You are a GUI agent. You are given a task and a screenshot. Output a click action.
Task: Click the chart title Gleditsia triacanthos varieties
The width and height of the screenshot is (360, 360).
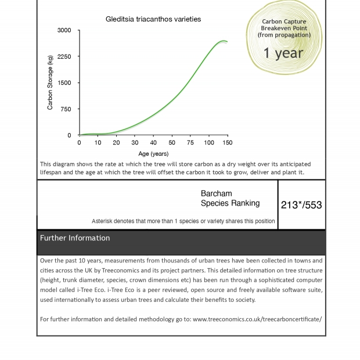[153, 19]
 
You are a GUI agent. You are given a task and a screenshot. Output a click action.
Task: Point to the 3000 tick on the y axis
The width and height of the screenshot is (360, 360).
[64, 30]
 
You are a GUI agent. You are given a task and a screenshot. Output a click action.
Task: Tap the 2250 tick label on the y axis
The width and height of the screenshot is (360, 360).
[64, 56]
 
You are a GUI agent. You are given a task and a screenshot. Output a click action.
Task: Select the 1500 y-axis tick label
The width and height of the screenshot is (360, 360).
[64, 82]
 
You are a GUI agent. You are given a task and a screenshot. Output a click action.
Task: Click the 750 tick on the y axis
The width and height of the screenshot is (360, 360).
[66, 109]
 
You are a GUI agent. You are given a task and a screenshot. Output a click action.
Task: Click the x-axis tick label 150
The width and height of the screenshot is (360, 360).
[227, 143]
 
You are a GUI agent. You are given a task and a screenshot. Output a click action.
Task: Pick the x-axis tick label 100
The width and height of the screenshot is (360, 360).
[209, 143]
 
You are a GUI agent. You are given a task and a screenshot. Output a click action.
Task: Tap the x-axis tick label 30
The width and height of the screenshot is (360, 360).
[135, 143]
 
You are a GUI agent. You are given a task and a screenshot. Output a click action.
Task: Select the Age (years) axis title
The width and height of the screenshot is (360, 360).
[153, 154]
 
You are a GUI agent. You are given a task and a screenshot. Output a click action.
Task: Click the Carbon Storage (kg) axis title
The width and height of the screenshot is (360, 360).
[50, 82]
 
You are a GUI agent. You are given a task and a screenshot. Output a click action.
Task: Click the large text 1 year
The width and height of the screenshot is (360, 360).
[283, 53]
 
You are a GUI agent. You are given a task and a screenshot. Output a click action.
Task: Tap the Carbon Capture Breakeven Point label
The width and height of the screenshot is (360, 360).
[284, 28]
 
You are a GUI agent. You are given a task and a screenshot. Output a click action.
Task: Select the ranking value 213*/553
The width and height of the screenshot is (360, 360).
[301, 205]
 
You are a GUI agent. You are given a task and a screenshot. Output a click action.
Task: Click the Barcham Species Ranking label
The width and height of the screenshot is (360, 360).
[230, 199]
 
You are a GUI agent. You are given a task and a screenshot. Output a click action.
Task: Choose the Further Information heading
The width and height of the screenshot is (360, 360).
[75, 238]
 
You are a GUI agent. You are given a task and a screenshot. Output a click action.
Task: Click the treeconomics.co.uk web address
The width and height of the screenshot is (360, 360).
[257, 319]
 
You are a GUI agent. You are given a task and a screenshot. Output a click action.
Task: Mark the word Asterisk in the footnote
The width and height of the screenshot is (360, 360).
[103, 221]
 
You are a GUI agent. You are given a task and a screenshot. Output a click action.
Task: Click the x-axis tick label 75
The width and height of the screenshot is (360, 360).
[190, 143]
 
